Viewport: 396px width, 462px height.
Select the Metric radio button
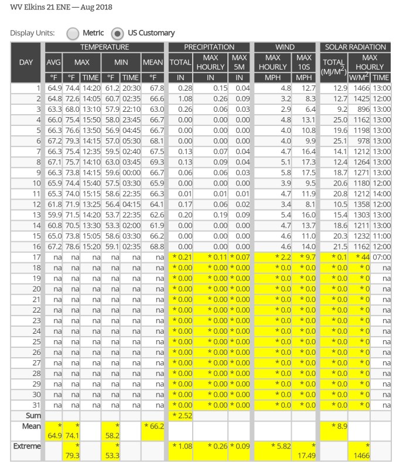73,33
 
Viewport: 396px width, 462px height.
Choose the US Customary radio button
117,33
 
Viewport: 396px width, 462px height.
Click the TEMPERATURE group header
105,47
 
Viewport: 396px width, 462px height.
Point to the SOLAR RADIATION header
355,47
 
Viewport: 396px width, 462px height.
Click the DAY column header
25,62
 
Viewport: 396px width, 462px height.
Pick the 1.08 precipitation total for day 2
180,98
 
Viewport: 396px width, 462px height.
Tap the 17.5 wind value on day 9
304,173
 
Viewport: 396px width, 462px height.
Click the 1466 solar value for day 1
359,88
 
